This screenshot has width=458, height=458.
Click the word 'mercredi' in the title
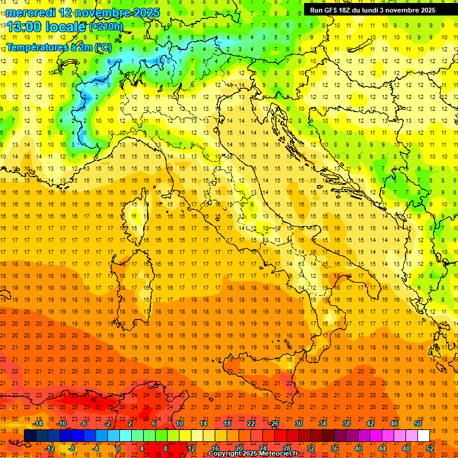pyautogui.click(x=30, y=12)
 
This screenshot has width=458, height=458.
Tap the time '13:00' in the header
pyautogui.click(x=26, y=27)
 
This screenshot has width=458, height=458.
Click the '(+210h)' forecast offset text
pyautogui.click(x=106, y=27)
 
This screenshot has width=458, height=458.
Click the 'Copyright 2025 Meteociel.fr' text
pyautogui.click(x=253, y=454)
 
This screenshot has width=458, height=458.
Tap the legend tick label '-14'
pyautogui.click(x=38, y=423)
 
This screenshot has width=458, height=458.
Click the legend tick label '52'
pyautogui.click(x=430, y=448)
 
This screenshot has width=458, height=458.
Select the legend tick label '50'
pyautogui.click(x=417, y=423)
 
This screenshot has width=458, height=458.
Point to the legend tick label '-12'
pyautogui.click(x=49, y=448)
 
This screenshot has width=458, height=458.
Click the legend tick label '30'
pyautogui.click(x=298, y=423)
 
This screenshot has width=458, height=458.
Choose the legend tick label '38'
pyautogui.click(x=346, y=423)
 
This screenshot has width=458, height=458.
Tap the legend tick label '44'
pyautogui.click(x=382, y=448)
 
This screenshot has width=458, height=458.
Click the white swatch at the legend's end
pyautogui.click(x=423, y=435)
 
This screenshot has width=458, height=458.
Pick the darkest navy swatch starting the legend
pyautogui.click(x=30, y=435)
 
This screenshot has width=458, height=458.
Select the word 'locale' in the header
pyautogui.click(x=67, y=27)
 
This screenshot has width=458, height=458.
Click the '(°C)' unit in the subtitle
pyautogui.click(x=103, y=47)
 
